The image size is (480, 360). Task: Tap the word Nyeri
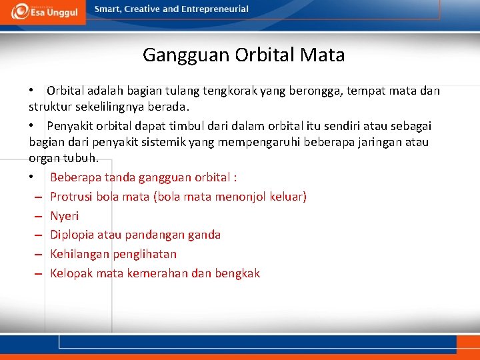[65, 216]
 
